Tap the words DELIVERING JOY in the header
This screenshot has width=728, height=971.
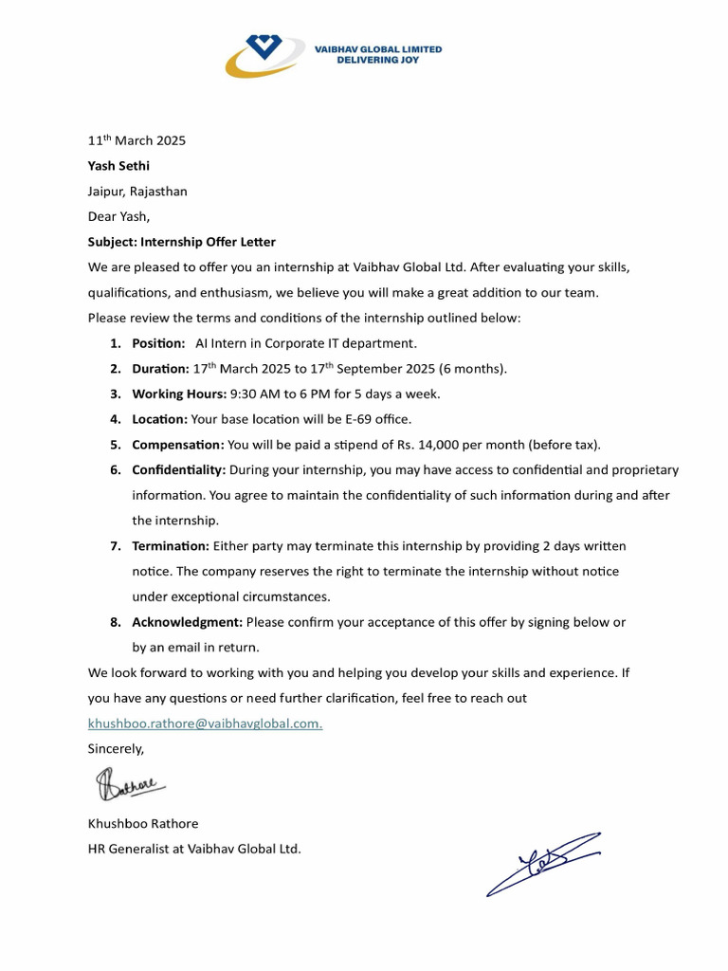pyautogui.click(x=377, y=60)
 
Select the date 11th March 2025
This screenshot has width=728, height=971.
pyautogui.click(x=136, y=140)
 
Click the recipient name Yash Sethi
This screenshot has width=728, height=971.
pyautogui.click(x=118, y=166)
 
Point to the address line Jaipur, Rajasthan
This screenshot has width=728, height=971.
pyautogui.click(x=137, y=191)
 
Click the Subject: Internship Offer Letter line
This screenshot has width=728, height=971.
pyautogui.click(x=181, y=242)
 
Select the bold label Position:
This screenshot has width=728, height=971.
pyautogui.click(x=158, y=342)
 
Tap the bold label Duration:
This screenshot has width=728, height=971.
pyautogui.click(x=160, y=368)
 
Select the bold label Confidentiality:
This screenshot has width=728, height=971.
pyautogui.click(x=178, y=469)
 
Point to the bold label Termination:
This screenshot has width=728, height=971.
pyautogui.click(x=171, y=545)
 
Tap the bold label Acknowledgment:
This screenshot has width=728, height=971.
pyautogui.click(x=187, y=622)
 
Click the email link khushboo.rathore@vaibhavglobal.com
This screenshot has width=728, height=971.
pyautogui.click(x=205, y=724)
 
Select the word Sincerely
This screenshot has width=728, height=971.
pyautogui.click(x=116, y=748)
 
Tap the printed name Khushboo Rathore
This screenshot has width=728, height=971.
pyautogui.click(x=143, y=823)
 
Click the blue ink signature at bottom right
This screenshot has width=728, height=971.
pyautogui.click(x=543, y=862)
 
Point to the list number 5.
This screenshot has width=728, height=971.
pyautogui.click(x=115, y=444)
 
